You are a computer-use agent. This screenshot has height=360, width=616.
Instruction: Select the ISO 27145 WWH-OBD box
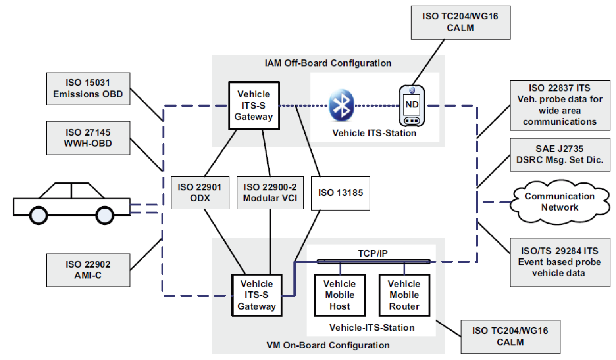(x=88, y=138)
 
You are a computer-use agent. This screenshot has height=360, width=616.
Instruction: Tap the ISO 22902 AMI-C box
(x=88, y=270)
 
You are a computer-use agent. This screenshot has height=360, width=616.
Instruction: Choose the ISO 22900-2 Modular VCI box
(x=270, y=193)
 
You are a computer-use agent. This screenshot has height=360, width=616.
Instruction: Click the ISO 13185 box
(x=340, y=193)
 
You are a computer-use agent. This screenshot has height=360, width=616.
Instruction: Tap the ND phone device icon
(x=412, y=106)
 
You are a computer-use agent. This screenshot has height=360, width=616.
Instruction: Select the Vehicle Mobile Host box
(x=340, y=295)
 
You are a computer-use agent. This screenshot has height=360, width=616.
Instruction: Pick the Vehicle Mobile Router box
(x=404, y=295)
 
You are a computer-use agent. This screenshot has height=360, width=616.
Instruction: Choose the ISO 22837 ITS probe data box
(x=559, y=105)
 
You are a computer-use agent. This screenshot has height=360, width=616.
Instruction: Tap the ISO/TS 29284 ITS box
(x=559, y=262)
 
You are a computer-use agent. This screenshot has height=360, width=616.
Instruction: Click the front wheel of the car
(x=105, y=215)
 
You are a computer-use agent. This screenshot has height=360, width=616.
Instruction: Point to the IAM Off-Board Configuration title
(x=328, y=63)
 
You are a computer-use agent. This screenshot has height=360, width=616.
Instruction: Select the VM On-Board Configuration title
(x=328, y=345)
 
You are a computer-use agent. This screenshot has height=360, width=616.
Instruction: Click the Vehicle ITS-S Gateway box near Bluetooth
(x=254, y=105)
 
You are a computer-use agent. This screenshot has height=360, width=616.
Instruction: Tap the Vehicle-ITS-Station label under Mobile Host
(x=372, y=327)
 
